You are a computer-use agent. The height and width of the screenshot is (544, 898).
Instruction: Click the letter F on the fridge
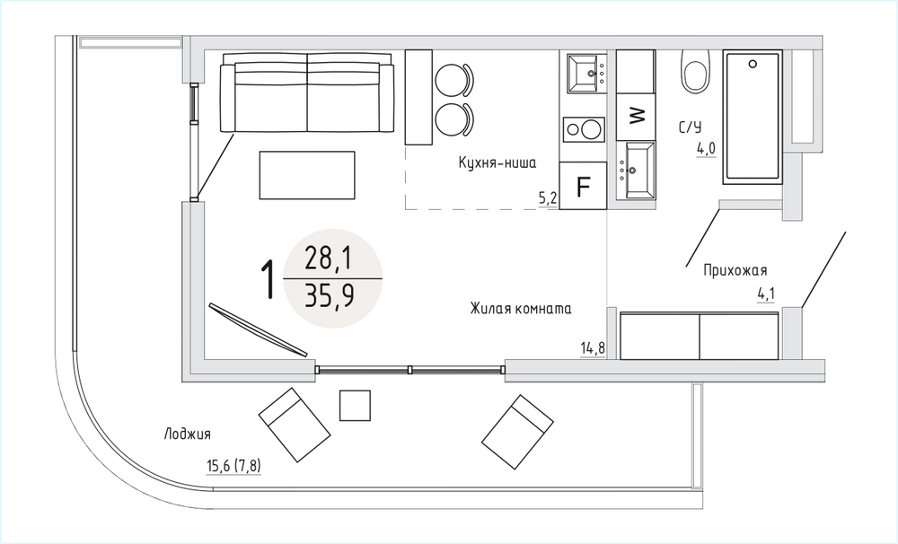pos(583,187)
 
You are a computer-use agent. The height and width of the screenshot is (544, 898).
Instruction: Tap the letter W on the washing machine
pos(637,116)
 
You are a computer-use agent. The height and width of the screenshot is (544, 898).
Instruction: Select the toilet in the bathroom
pos(695,71)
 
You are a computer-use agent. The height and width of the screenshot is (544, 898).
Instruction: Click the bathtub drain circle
pos(753,64)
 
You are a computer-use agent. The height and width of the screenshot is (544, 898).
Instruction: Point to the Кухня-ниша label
pos(497,162)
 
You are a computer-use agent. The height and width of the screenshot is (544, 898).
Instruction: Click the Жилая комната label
pos(521,309)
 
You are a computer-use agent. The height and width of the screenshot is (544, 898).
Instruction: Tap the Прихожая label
pos(735,269)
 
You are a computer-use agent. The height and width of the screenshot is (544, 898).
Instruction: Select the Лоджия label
pos(188,434)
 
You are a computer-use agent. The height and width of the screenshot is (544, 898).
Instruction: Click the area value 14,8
pos(593,347)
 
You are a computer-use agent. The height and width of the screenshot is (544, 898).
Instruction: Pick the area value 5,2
pos(548,198)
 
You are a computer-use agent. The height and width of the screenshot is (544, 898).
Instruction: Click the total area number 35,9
pos(330,296)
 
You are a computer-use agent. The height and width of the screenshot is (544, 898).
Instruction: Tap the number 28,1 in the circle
pos(328,259)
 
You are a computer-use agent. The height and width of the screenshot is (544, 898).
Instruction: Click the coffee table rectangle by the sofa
pos(307,175)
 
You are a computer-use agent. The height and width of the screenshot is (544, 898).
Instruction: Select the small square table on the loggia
pos(355,406)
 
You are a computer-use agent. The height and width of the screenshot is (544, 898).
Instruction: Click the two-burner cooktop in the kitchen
pos(584,129)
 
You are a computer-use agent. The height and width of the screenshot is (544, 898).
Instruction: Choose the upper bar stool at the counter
pos(454,80)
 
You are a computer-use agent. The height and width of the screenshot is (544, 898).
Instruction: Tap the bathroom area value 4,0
pos(706,149)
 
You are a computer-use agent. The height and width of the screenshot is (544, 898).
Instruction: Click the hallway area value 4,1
pos(766,294)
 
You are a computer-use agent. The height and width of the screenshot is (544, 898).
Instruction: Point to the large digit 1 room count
pos(268,279)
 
